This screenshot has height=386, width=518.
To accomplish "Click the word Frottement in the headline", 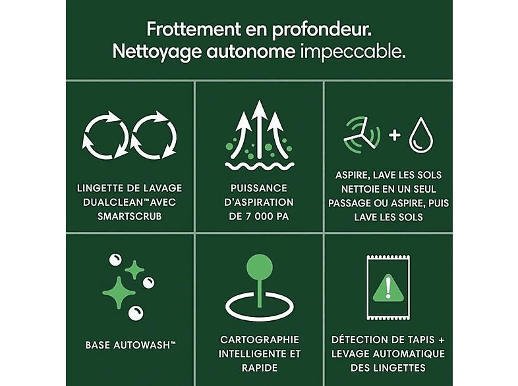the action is [194, 29].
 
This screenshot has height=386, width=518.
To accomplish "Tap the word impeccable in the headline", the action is [353, 51].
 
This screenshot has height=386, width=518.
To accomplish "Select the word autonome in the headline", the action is [251, 52].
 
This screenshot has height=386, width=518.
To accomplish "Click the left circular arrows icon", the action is [105, 135].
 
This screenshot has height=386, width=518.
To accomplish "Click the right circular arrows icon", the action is [154, 135].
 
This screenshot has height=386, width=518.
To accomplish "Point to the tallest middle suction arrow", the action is [260, 129].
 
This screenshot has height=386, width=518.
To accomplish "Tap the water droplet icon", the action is [421, 135].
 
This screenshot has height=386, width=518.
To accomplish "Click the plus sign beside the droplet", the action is [395, 135].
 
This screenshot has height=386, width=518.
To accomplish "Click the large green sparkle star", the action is [118, 293].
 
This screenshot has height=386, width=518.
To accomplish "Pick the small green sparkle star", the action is [134, 270].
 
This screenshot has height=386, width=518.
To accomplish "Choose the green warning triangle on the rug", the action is [388, 289].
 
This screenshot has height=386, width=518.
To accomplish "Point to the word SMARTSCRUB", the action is [129, 216].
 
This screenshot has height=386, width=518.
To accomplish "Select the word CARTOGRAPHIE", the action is [260, 339].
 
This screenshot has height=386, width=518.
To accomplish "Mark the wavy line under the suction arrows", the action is [260, 166].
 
